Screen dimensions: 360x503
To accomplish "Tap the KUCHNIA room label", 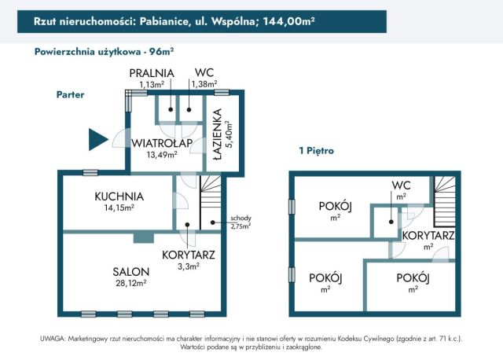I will (119, 196).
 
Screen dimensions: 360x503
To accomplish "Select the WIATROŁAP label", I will (163, 143).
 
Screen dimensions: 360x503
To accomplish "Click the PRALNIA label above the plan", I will (152, 73).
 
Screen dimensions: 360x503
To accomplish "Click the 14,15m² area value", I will (119, 208).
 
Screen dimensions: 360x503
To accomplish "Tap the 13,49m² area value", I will (162, 155).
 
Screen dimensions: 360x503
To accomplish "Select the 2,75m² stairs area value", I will (240, 226).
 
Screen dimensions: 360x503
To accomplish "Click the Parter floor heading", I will (70, 94).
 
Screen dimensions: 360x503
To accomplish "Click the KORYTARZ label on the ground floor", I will (189, 255).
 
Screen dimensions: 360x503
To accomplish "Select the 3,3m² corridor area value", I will (189, 266).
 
